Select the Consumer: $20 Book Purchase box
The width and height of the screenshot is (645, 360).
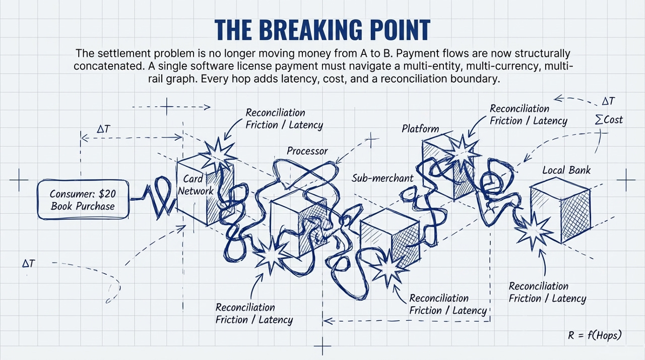pos(83,200)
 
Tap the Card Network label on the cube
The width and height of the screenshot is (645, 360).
pos(196,185)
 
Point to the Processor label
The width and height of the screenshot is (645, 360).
pos(307,151)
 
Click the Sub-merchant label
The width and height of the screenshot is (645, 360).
pos(382,178)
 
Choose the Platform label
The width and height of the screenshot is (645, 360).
pos(420,129)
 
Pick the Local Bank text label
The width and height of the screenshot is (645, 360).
pos(566,170)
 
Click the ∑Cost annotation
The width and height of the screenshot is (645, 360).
pos(609,119)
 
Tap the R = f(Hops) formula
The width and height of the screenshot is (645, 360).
pos(595,335)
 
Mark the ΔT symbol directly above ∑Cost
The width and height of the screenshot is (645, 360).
pos(608,101)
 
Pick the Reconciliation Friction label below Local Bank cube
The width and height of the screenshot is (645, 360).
pos(547,292)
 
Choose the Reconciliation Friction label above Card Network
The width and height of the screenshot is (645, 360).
pos(284,118)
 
